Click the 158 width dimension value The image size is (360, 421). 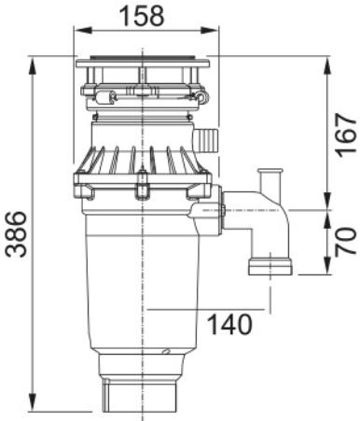coord(142,16)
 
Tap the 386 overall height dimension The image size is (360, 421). coord(17,234)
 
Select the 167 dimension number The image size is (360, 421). coord(346,135)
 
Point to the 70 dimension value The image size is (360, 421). coord(346,242)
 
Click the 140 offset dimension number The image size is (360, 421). coord(229,324)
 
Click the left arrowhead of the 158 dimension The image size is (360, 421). coord(83,31)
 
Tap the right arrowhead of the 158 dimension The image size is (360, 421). coord(210,31)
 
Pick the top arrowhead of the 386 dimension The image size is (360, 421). coord(32,66)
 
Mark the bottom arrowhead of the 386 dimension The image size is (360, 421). coord(32,402)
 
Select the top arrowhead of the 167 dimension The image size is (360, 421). coord(327,66)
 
